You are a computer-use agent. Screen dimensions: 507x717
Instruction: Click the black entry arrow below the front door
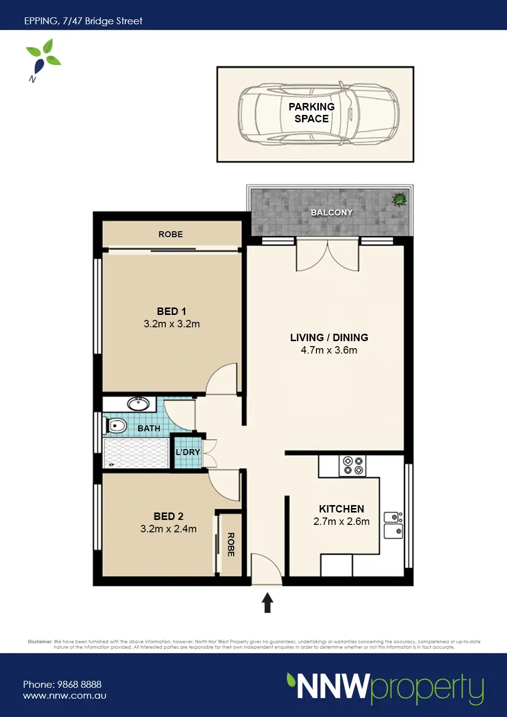(267, 603)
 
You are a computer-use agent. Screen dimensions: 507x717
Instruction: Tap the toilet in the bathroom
(115, 426)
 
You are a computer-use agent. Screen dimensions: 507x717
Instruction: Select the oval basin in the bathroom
(138, 404)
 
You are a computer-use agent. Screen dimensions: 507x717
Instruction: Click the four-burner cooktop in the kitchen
(353, 466)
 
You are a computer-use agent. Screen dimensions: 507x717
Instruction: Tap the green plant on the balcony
(400, 200)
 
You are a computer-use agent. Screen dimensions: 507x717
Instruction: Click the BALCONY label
(332, 212)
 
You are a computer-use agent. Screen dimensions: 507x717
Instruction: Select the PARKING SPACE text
(311, 113)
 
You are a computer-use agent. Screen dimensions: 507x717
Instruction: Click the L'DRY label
(188, 452)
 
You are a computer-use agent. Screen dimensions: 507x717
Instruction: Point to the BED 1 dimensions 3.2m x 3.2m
(172, 324)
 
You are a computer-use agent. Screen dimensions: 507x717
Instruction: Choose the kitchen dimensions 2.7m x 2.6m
(342, 521)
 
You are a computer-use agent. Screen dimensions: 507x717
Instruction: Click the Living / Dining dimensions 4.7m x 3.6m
(329, 350)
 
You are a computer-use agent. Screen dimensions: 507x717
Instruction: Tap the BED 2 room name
(168, 516)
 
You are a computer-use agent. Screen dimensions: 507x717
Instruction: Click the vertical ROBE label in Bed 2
(231, 545)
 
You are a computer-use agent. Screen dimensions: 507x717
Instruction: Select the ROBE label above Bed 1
(171, 234)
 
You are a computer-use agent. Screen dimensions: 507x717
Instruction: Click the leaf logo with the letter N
(43, 60)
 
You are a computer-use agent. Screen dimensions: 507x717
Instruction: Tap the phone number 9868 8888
(79, 684)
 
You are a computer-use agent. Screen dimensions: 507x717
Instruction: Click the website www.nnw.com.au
(65, 696)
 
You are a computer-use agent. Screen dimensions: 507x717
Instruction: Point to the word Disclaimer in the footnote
(40, 641)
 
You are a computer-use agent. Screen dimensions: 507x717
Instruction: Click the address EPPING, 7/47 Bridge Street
(83, 21)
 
